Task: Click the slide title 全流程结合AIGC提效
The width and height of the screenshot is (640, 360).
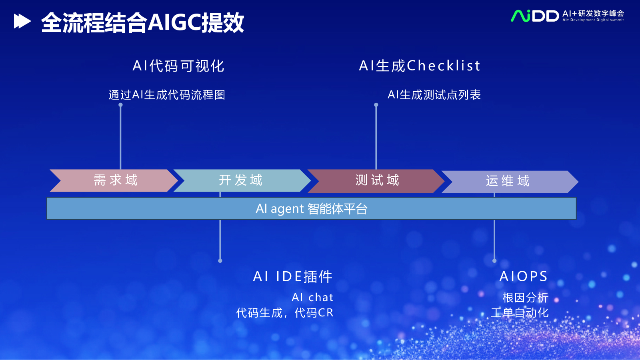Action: pyautogui.click(x=142, y=22)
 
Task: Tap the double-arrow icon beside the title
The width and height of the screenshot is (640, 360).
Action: pyautogui.click(x=22, y=22)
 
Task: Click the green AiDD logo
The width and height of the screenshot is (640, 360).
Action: pyautogui.click(x=534, y=16)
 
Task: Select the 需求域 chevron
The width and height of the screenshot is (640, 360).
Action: pyautogui.click(x=114, y=180)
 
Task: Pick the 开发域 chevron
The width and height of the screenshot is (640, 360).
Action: pyautogui.click(x=242, y=180)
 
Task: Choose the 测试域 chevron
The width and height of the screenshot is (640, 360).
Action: pyautogui.click(x=376, y=181)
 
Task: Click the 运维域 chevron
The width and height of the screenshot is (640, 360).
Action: pyautogui.click(x=510, y=182)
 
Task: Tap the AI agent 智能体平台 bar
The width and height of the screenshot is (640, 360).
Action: pyautogui.click(x=312, y=208)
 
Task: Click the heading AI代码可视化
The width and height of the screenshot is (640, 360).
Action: pyautogui.click(x=178, y=66)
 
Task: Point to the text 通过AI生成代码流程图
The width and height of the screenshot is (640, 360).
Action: pyautogui.click(x=167, y=95)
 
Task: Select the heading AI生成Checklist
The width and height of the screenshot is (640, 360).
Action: pyautogui.click(x=420, y=66)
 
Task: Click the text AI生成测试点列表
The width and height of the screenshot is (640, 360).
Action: pyautogui.click(x=434, y=95)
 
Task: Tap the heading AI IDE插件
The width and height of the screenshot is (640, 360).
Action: pyautogui.click(x=292, y=276)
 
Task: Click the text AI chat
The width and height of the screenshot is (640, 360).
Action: pyautogui.click(x=312, y=298)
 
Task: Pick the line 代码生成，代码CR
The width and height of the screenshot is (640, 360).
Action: pyautogui.click(x=285, y=313)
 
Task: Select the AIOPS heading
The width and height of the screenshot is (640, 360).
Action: pyautogui.click(x=524, y=276)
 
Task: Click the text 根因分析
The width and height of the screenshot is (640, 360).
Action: pyautogui.click(x=526, y=298)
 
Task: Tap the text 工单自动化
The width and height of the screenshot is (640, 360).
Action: pyautogui.click(x=520, y=313)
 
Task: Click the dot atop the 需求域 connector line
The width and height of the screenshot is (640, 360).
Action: pyautogui.click(x=120, y=105)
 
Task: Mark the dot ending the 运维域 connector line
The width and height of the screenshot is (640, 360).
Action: pyautogui.click(x=494, y=260)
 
